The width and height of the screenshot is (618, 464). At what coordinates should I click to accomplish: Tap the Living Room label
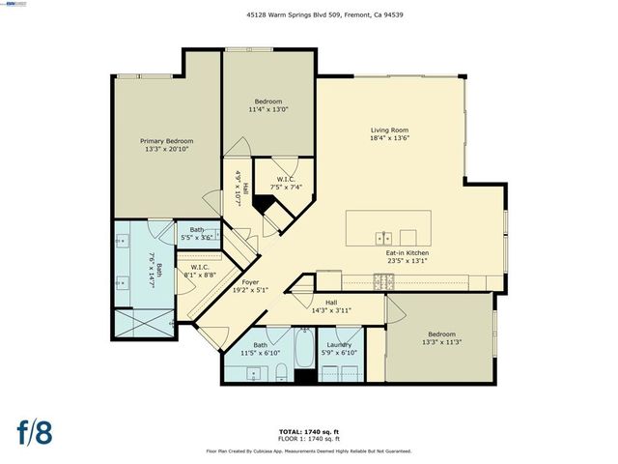point(390,130)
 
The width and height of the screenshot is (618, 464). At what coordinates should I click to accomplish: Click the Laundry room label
point(338,345)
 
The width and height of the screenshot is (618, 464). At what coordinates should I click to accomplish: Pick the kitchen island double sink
point(384,237)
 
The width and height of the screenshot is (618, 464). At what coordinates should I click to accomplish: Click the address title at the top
point(309,14)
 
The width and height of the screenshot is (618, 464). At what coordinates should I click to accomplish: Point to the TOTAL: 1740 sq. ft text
point(309,432)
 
